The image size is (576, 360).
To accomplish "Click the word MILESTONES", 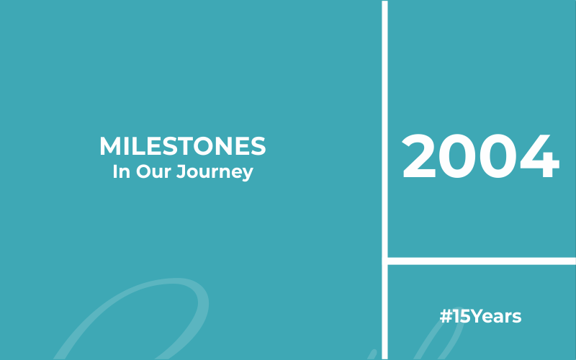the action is [183, 146].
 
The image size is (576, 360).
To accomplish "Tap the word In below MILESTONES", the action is [121, 171].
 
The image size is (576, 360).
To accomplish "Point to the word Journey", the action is [215, 172].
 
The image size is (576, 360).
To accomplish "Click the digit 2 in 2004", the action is [419, 156].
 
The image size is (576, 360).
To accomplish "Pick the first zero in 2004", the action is [458, 156].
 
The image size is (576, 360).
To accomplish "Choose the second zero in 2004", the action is [498, 156].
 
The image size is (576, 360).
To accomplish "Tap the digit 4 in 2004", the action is [539, 156].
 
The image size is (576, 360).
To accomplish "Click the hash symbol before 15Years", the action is [446, 316].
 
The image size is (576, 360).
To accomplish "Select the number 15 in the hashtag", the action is [462, 316].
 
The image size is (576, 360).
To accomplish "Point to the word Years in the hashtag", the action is [496, 316].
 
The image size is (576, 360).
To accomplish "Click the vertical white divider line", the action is [384, 180].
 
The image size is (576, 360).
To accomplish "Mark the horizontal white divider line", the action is [482, 261].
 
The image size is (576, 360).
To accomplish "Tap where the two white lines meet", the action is [384, 261].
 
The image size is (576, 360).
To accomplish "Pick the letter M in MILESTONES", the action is [110, 146].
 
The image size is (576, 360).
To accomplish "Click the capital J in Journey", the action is [181, 171].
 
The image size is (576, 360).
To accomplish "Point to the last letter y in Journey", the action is [248, 174].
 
